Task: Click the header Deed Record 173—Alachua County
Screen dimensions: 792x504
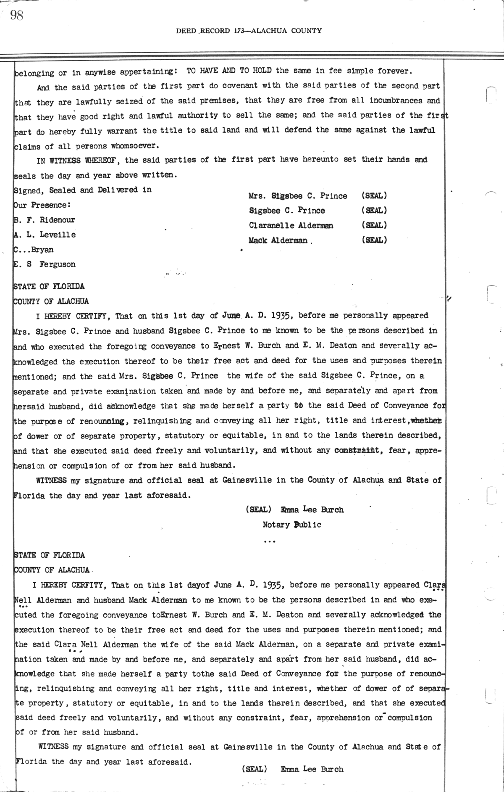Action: [x=249, y=30]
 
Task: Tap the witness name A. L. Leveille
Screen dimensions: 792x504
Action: [x=45, y=235]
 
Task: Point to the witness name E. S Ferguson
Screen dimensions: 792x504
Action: [x=45, y=264]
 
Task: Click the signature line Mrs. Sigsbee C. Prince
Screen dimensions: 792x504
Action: [x=298, y=196]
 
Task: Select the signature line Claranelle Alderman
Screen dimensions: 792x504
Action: [x=291, y=225]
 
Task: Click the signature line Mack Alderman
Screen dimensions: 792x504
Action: [x=278, y=240]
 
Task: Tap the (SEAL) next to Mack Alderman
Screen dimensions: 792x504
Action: [x=374, y=240]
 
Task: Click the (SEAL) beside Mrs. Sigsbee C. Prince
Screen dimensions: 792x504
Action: [x=374, y=196]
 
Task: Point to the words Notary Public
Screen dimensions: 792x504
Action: [x=292, y=525]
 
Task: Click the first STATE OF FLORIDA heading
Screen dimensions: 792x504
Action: [x=49, y=286]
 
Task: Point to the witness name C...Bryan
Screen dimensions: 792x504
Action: [x=34, y=250]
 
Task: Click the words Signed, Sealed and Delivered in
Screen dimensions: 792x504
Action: [x=83, y=190]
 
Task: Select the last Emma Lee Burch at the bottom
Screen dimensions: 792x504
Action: [x=312, y=769]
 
